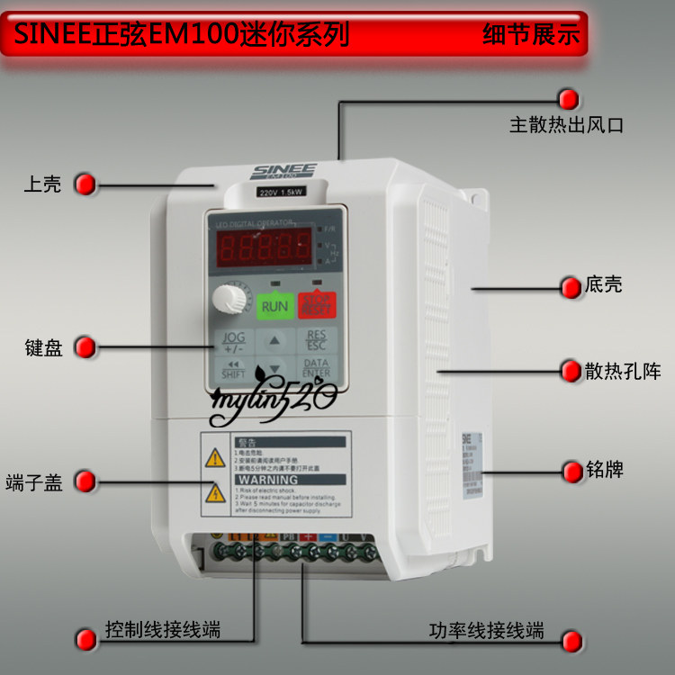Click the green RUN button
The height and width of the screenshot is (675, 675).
point(274,306)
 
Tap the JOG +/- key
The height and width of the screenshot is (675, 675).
point(233,341)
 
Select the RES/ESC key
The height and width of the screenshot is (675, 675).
point(316,341)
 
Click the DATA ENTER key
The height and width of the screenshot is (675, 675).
point(316,367)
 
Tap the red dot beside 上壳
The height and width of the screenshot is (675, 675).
point(85,184)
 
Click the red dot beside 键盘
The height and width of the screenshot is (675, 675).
point(85,347)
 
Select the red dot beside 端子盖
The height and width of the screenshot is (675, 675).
point(85,481)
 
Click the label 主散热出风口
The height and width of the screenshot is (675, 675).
point(566,125)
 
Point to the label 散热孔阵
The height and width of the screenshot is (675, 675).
point(622,371)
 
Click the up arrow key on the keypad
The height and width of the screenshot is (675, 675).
point(275,341)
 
